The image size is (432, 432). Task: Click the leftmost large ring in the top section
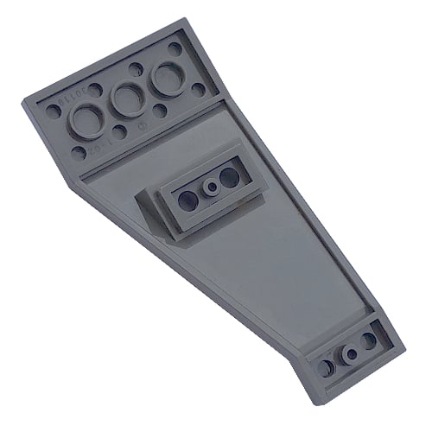(x=86, y=118)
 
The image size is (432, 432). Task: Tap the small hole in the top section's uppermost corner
(x=176, y=49)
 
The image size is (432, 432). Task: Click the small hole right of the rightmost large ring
(x=199, y=89)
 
